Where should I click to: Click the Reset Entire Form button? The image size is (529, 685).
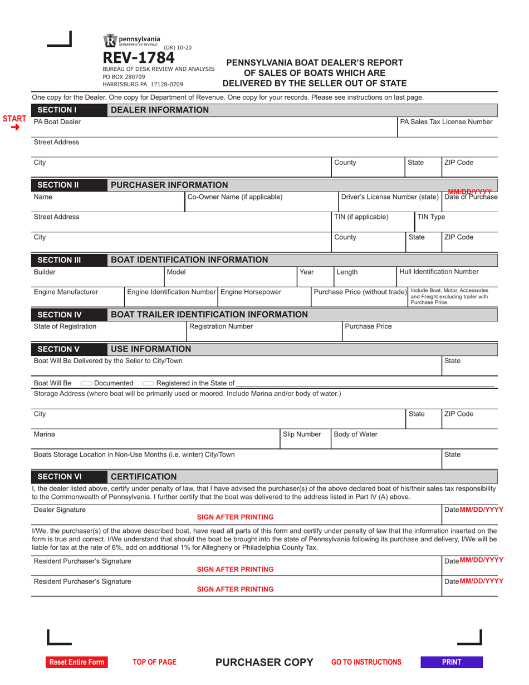click(76, 662)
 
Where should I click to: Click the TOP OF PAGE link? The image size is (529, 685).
click(154, 662)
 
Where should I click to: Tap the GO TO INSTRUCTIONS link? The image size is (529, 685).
click(366, 662)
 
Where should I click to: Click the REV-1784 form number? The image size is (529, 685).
click(138, 58)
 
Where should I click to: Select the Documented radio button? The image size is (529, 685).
click(86, 383)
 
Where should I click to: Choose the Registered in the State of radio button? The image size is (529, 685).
click(148, 383)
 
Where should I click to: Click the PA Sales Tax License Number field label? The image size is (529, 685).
click(446, 121)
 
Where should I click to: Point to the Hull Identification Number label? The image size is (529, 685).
click(439, 272)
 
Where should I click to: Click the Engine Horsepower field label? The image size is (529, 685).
click(251, 292)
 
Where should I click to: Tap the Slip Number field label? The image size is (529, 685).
click(302, 434)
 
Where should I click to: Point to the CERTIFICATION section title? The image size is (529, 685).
click(144, 477)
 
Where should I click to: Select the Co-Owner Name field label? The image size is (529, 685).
click(234, 197)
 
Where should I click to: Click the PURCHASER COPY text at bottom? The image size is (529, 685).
click(264, 662)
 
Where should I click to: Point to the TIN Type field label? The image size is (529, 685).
click(431, 217)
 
